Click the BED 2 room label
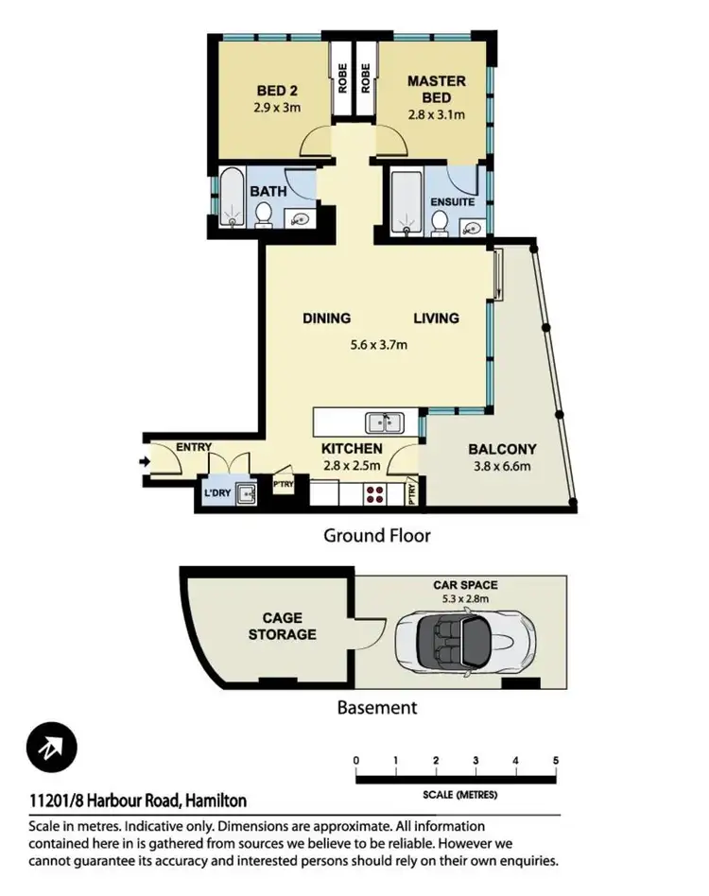(275, 92)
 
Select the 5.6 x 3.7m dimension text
(378, 345)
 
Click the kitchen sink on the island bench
(384, 422)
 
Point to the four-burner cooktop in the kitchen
(373, 493)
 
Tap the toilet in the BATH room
(264, 216)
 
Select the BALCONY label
(502, 449)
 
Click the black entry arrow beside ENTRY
(144, 462)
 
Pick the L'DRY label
(216, 493)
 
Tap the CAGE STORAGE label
(282, 626)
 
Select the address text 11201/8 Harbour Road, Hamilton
(138, 801)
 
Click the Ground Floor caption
(377, 536)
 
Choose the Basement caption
(377, 706)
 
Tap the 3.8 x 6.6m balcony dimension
(502, 465)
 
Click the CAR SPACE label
(465, 585)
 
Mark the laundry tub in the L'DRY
(246, 492)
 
